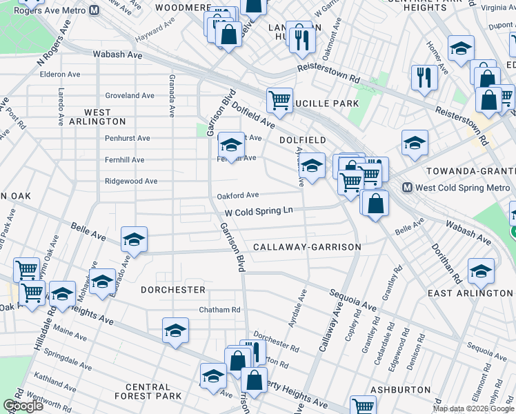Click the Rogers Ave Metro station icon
pyautogui.click(x=95, y=10)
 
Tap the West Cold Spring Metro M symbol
pyautogui.click(x=408, y=187)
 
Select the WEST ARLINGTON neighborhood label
pyautogui.click(x=96, y=116)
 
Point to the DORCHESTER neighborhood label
pyautogui.click(x=173, y=290)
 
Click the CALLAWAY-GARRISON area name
pyautogui.click(x=307, y=247)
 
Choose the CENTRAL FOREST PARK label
pyautogui.click(x=148, y=391)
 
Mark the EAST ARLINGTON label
pyautogui.click(x=470, y=293)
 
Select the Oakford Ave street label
pyautogui.click(x=238, y=195)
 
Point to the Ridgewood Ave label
pyautogui.click(x=131, y=181)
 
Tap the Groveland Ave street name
pyautogui.click(x=130, y=95)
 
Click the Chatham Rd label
pyautogui.click(x=219, y=310)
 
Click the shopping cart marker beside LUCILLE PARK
pyautogui.click(x=279, y=100)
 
